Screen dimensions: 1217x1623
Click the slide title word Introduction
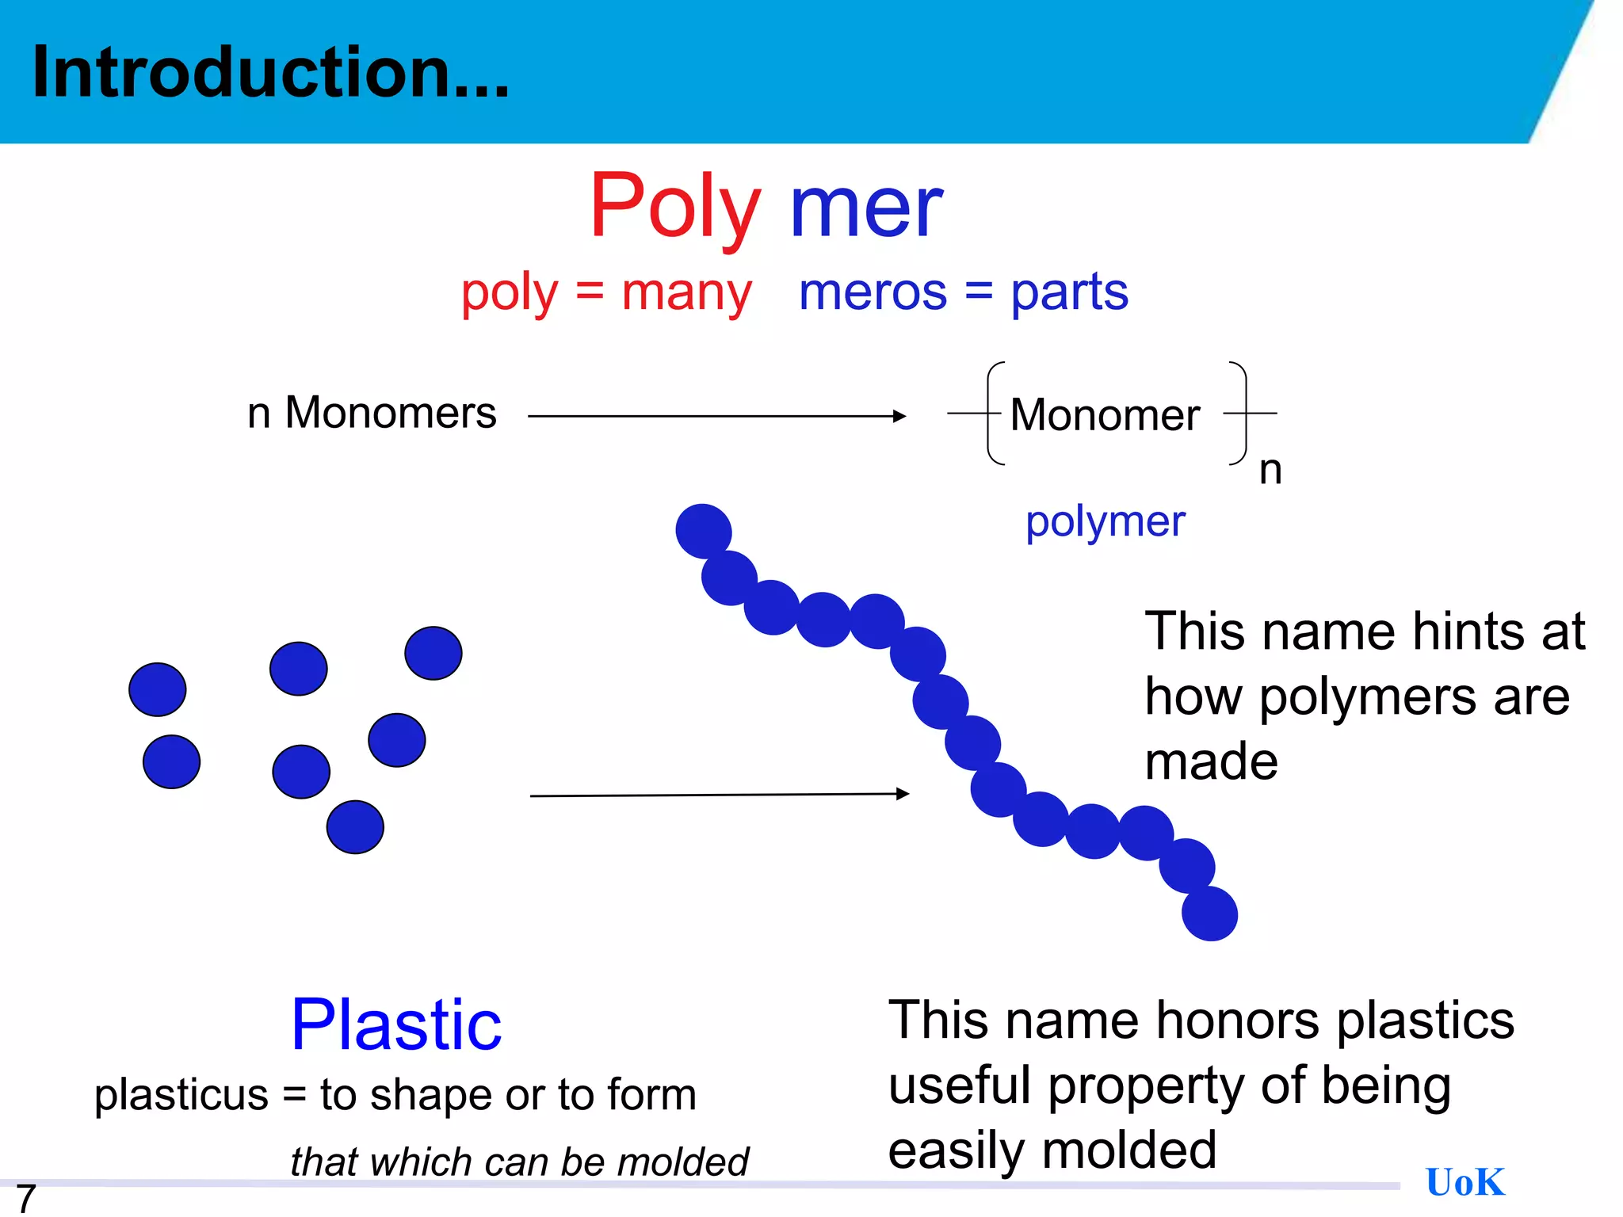pos(269,73)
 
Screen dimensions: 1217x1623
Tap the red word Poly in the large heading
pos(674,208)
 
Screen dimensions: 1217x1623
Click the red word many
pos(686,293)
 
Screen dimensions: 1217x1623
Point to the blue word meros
pos(873,292)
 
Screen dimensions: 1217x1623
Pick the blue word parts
pos(1069,293)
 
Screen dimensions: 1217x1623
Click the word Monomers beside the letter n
pos(391,413)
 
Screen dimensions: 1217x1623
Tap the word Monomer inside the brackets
pos(1105,415)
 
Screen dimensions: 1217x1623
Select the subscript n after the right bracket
pos(1270,470)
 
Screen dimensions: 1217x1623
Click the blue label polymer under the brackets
pos(1106,522)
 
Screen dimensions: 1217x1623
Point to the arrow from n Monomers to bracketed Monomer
pos(716,416)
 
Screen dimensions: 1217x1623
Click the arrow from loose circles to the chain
pos(719,795)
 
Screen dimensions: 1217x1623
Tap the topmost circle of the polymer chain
pos(703,531)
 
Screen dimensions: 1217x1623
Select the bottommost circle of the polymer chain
pos(1209,914)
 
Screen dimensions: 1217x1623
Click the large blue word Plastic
pos(396,1025)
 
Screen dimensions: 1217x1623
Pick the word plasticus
pos(181,1096)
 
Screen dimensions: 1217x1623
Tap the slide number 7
pos(26,1197)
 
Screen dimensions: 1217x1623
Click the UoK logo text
pos(1465,1182)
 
